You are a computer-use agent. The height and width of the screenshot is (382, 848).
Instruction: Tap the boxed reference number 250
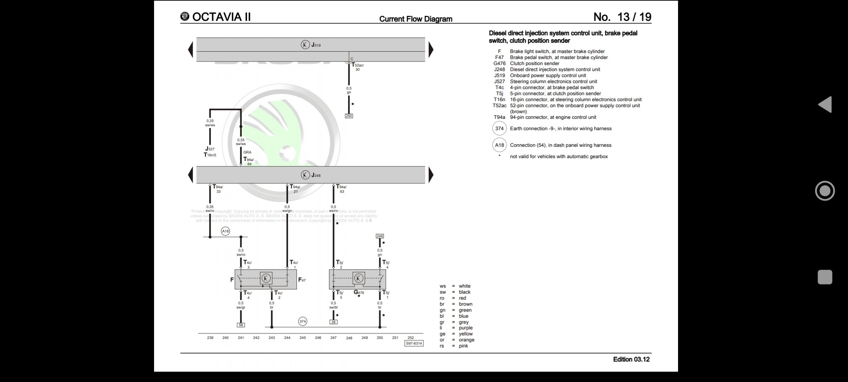click(x=349, y=116)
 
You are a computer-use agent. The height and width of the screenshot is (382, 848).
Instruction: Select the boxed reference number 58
click(x=241, y=325)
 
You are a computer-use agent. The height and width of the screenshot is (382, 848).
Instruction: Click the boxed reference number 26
click(x=333, y=322)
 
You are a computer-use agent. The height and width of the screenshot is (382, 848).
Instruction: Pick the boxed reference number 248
click(x=379, y=236)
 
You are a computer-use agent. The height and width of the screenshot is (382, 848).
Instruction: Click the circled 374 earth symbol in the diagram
click(x=302, y=321)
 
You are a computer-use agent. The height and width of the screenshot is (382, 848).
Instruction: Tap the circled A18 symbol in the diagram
click(x=225, y=231)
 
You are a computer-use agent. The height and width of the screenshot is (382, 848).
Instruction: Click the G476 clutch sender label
click(x=359, y=293)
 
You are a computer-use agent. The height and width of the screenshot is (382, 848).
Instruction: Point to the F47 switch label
click(x=302, y=280)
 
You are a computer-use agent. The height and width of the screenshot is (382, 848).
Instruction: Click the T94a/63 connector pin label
click(x=341, y=189)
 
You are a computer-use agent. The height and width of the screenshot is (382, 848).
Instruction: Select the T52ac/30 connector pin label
click(x=357, y=67)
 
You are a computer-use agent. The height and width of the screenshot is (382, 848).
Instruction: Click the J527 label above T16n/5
click(x=210, y=149)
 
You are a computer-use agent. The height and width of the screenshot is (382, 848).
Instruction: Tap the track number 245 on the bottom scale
click(x=302, y=338)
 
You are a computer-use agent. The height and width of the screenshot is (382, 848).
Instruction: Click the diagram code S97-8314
click(x=414, y=343)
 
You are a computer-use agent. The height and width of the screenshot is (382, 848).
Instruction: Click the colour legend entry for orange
click(x=466, y=340)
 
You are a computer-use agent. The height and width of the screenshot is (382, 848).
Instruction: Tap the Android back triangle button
click(x=825, y=105)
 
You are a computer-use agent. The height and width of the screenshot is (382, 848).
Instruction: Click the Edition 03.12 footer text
click(x=631, y=359)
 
